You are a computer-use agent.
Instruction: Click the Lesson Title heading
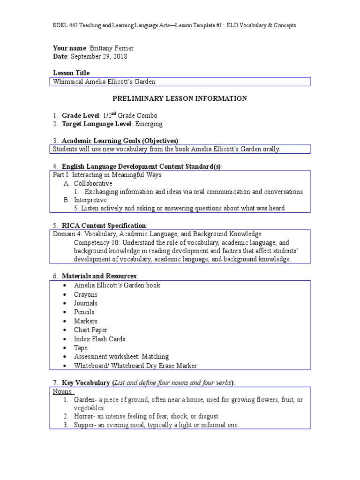71,73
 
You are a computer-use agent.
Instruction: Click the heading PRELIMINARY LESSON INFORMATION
180,98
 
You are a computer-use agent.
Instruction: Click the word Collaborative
93,183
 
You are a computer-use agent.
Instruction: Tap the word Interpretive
90,200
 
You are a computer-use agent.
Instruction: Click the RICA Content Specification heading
104,225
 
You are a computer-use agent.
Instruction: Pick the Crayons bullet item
86,294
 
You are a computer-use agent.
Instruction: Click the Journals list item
86,303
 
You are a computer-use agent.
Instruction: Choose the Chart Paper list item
91,330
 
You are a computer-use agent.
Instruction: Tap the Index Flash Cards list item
99,339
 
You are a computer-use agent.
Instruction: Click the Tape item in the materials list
81,348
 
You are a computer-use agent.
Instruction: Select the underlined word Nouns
63,391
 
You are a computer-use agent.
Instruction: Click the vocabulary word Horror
84,416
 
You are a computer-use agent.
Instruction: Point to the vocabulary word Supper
85,425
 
